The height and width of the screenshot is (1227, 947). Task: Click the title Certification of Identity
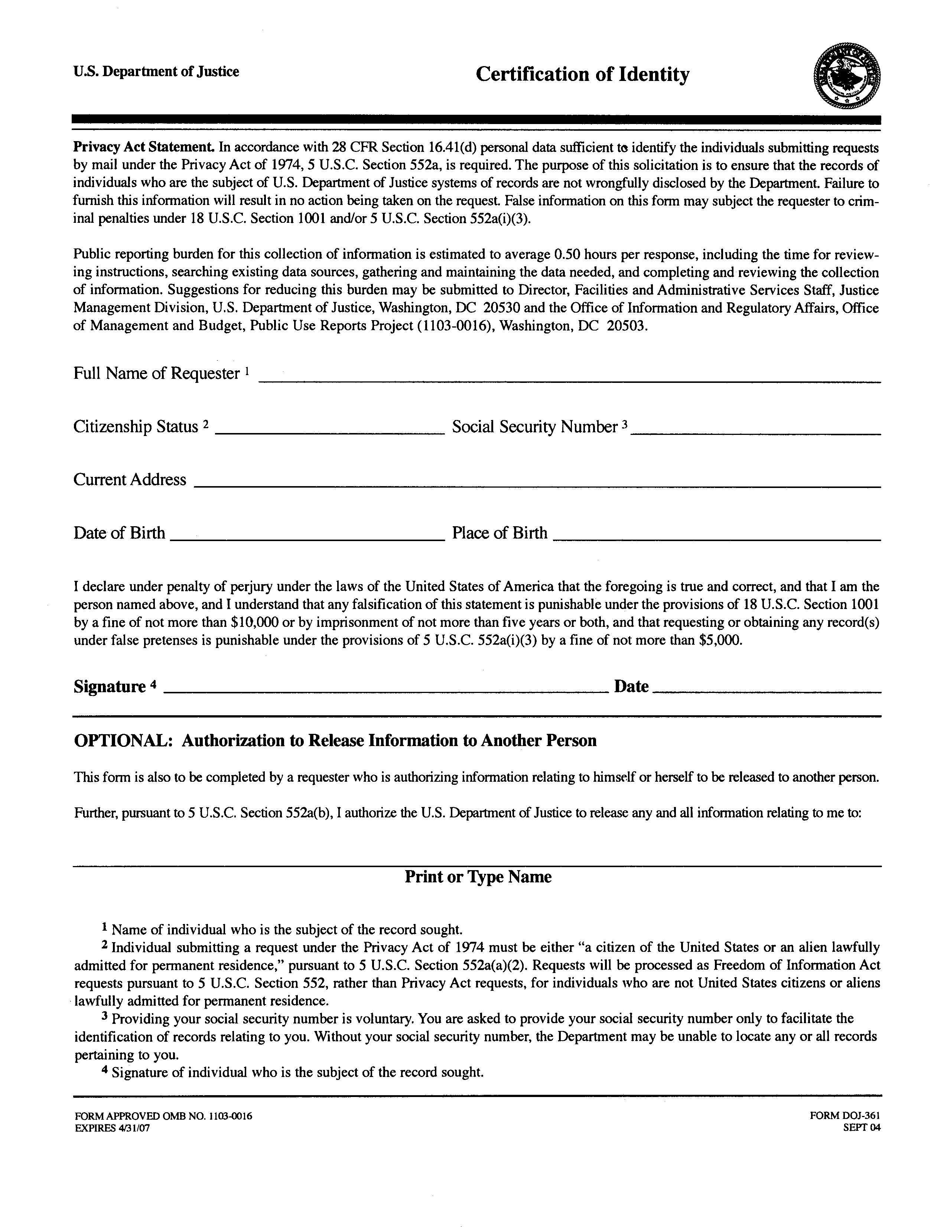(x=582, y=75)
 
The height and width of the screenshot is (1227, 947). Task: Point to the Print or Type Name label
(x=478, y=877)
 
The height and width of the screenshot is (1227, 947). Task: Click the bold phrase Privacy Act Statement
(x=143, y=147)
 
